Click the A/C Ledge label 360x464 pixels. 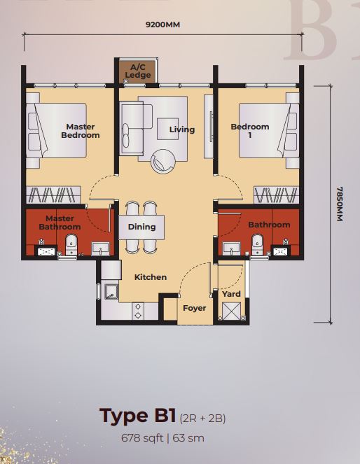click(138, 71)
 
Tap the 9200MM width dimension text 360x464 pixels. click(162, 24)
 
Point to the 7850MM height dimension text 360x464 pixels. click(340, 204)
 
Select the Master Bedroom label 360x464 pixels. click(81, 131)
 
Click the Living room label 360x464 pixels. click(182, 129)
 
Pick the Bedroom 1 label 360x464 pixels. click(250, 131)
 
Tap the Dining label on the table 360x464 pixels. click(141, 227)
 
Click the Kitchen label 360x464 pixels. click(151, 277)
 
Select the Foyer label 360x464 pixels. click(194, 308)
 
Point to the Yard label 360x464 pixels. click(231, 294)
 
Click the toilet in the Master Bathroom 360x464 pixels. click(71, 245)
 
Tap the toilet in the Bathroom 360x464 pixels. click(257, 244)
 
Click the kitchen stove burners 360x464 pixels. click(138, 311)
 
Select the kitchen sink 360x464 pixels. click(111, 292)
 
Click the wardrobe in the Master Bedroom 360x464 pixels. click(53, 195)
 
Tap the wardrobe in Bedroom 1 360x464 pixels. click(276, 195)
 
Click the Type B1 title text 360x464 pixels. click(138, 415)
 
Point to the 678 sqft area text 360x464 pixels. click(142, 437)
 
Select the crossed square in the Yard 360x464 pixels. click(231, 311)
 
